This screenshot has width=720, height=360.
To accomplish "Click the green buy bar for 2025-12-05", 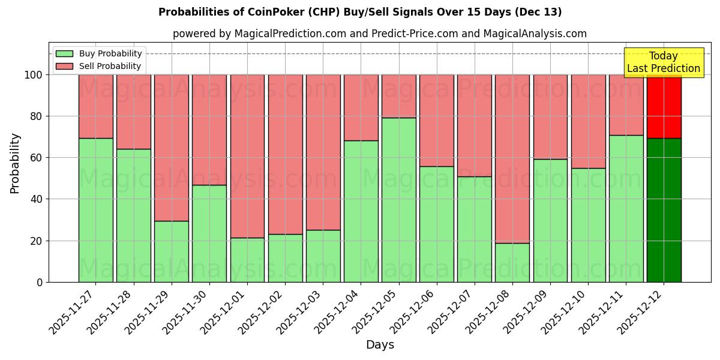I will [x=399, y=200].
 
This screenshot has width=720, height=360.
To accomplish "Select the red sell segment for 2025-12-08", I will [x=512, y=158].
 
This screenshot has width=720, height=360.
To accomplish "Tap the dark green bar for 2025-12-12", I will [x=664, y=210].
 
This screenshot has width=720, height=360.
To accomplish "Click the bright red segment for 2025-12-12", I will [x=664, y=106].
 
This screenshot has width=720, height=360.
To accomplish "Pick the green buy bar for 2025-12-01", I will [x=247, y=260].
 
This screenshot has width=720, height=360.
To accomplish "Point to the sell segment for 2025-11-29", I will [x=172, y=148].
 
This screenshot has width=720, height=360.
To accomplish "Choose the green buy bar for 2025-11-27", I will [x=96, y=210].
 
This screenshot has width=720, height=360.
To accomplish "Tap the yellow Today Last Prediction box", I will [x=664, y=62].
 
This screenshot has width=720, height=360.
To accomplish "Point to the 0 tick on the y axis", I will [x=40, y=282].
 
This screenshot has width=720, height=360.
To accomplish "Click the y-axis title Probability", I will [x=15, y=163].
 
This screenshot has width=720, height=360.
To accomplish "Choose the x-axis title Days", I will [x=380, y=345].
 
